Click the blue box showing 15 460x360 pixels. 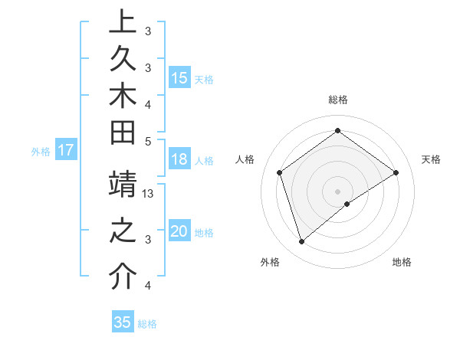[179, 77]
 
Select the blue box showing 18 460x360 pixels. [179, 160]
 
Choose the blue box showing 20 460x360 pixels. [179, 232]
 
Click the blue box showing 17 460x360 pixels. [65, 151]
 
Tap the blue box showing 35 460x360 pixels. [123, 322]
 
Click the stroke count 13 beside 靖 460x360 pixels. [149, 194]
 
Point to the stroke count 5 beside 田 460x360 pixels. [148, 140]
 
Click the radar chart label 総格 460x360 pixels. [338, 100]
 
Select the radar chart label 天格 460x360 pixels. [431, 159]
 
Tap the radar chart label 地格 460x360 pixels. [402, 262]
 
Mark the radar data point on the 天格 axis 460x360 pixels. [396, 172]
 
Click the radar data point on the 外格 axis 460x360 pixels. [301, 242]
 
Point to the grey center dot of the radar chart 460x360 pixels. [338, 191]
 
